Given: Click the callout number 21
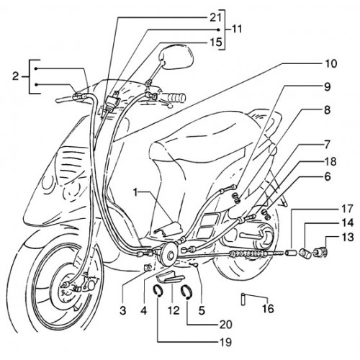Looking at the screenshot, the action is (x=215, y=17).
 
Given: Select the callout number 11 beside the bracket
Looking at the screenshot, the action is (x=235, y=30).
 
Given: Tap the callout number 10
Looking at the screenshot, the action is (x=330, y=64).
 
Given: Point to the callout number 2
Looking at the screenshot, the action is (x=15, y=77).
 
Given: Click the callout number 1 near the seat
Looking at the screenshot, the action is (x=136, y=192).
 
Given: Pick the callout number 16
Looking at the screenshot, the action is (x=268, y=309).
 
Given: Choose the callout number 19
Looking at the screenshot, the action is (x=226, y=342).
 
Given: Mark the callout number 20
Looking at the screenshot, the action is (x=226, y=325).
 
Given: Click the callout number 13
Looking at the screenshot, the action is (x=348, y=238).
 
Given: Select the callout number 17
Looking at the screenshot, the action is (x=348, y=209).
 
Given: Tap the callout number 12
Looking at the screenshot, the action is (x=174, y=311).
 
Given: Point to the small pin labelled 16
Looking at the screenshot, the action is (x=243, y=300).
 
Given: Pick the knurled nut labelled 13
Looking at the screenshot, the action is (x=320, y=251).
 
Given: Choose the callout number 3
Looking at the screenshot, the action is (x=122, y=311).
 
